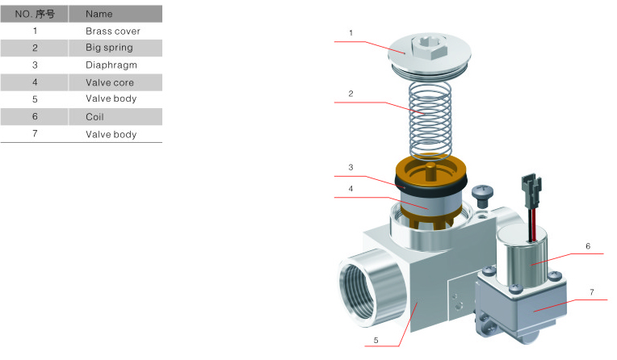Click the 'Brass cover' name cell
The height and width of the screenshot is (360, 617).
112,31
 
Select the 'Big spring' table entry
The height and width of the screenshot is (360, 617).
109,48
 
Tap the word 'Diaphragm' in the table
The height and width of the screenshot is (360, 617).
111,65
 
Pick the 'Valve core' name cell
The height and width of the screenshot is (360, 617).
110,82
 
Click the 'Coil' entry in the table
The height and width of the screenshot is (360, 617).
95,116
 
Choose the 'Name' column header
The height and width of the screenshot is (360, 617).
99,14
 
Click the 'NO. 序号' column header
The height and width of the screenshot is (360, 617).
35,14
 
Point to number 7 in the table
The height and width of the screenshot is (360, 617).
35,134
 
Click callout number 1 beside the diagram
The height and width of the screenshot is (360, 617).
350,33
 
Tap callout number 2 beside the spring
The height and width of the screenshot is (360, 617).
350,94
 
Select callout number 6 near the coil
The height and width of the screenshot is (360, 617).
588,245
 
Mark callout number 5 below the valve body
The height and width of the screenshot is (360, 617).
375,341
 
